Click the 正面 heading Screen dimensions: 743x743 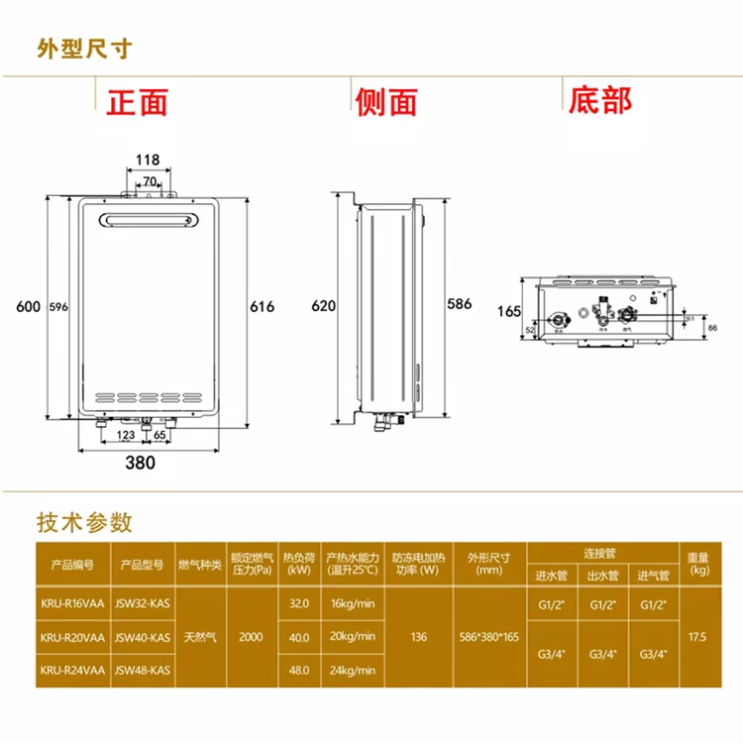[x=138, y=101]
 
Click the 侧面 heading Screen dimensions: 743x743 [x=385, y=101]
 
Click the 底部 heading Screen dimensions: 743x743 [x=598, y=100]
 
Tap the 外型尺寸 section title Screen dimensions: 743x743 [x=84, y=48]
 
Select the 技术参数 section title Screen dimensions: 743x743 [x=84, y=522]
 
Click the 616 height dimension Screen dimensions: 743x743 [x=262, y=307]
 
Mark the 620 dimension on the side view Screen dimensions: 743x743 [x=324, y=306]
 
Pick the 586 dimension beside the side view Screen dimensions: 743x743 [x=460, y=303]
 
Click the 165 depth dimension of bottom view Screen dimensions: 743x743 [x=508, y=311]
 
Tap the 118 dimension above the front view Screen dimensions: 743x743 [x=148, y=159]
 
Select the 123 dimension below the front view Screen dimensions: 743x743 [x=126, y=434]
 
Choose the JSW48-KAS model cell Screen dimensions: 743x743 [x=144, y=670]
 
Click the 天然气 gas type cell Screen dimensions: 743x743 [x=200, y=636]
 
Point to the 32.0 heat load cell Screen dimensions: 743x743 [x=298, y=602]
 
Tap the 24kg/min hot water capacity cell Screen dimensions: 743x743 [x=352, y=670]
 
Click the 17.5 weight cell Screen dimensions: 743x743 [x=699, y=636]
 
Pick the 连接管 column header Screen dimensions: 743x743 [x=601, y=551]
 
